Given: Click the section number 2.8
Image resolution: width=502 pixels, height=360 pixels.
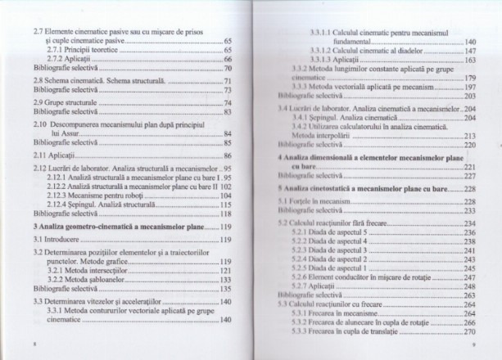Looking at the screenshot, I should [x=27, y=83].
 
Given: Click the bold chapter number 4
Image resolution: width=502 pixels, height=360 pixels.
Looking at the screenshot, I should [x=280, y=155].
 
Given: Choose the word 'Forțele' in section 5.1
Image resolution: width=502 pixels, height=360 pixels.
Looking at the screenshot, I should [x=310, y=200].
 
